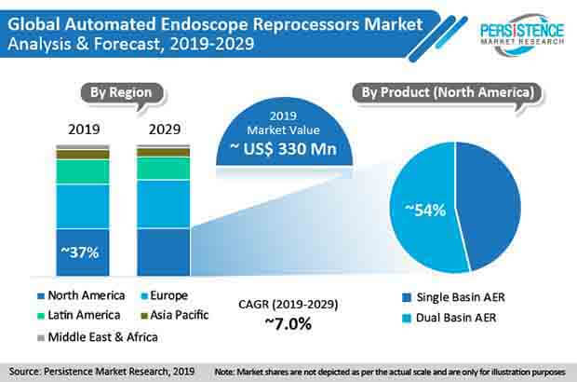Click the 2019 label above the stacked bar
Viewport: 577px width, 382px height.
tap(83, 129)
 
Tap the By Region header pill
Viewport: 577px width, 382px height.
tap(122, 92)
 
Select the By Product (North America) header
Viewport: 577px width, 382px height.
tap(447, 92)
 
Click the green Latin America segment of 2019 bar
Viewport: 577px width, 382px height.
tap(83, 171)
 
